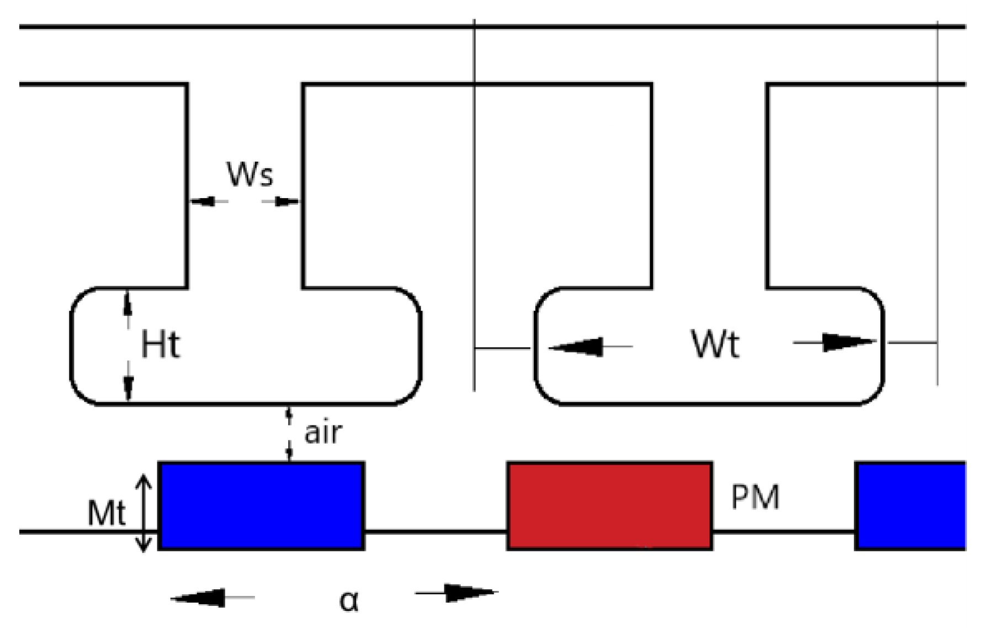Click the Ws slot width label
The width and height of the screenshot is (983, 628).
[249, 174]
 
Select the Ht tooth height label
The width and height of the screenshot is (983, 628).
[161, 345]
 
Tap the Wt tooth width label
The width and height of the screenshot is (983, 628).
[715, 344]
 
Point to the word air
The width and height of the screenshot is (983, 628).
[323, 433]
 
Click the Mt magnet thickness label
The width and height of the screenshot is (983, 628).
[107, 513]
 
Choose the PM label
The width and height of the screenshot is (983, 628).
[755, 497]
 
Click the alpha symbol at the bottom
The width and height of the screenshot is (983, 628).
[349, 600]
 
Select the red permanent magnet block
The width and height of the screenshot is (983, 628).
[609, 506]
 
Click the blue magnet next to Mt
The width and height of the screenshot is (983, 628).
[261, 506]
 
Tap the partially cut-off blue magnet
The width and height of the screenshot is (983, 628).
[911, 506]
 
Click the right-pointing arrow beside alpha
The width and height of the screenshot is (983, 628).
[469, 593]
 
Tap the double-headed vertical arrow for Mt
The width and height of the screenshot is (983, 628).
[144, 513]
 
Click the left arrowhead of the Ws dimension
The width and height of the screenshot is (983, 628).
[203, 201]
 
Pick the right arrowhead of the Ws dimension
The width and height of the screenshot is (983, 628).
[286, 201]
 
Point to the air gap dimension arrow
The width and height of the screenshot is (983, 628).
[289, 434]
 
